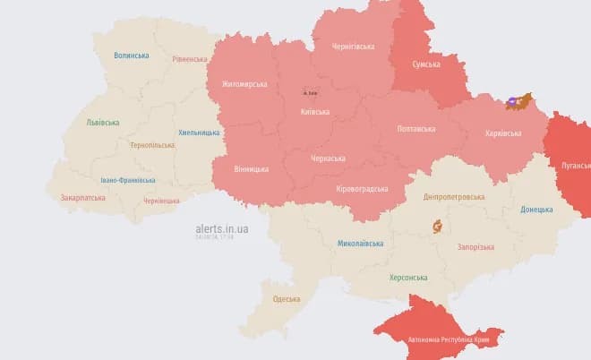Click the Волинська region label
click(x=131, y=56)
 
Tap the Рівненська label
click(x=189, y=59)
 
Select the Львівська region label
click(x=103, y=122)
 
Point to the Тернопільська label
click(x=152, y=145)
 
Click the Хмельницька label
click(x=199, y=133)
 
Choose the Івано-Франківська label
click(x=128, y=180)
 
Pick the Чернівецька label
click(x=161, y=201)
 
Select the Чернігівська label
click(x=353, y=47)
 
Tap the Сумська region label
click(x=425, y=64)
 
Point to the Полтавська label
click(x=415, y=129)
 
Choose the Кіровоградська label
click(x=362, y=189)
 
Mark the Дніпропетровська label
click(x=454, y=197)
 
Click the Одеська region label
click(x=287, y=299)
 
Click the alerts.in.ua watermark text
click(x=222, y=229)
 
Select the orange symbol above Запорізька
click(x=437, y=226)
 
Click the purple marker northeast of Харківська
click(x=512, y=102)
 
